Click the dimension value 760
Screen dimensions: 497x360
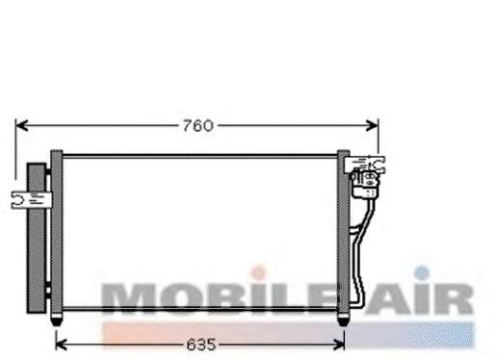[x=197, y=125]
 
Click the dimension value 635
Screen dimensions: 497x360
[x=201, y=345]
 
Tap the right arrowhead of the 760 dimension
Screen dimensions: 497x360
[x=372, y=125]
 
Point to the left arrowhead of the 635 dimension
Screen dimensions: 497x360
[x=62, y=345]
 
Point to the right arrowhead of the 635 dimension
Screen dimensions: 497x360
[x=339, y=345]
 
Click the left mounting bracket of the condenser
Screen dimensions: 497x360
[x=31, y=200]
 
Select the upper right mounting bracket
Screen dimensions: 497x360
[x=364, y=165]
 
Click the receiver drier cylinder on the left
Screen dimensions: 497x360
[x=37, y=238]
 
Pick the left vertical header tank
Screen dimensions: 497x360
[x=57, y=233]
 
